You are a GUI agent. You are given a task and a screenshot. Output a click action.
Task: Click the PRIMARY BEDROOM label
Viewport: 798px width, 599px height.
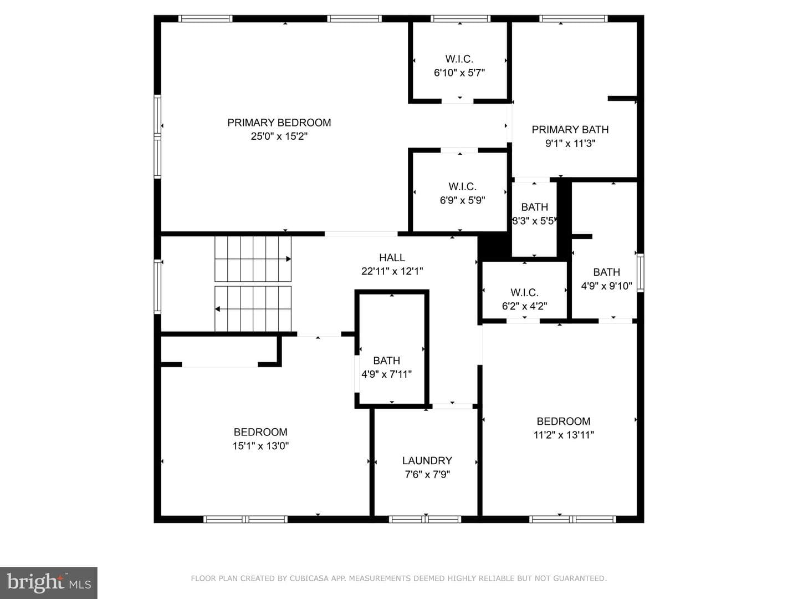tap(279, 123)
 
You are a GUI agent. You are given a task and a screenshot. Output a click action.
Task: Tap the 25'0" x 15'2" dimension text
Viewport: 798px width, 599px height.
tap(279, 136)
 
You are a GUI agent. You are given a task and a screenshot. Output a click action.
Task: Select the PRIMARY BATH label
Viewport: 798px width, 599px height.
tap(570, 129)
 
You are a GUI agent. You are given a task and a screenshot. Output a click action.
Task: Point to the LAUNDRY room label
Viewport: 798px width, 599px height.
tap(427, 460)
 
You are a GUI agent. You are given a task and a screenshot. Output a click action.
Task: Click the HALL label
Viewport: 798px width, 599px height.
tap(392, 257)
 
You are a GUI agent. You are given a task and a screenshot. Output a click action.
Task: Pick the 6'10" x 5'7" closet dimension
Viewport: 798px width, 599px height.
tap(459, 73)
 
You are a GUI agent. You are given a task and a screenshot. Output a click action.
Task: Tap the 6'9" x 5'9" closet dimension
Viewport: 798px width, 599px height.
tap(462, 200)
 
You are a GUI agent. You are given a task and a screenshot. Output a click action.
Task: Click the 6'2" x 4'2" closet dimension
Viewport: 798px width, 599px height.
tap(524, 306)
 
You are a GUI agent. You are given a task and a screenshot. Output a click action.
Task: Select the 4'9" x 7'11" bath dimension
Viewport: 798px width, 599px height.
tap(386, 374)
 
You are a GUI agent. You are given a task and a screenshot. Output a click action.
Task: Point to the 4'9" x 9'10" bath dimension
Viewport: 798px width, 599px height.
tap(606, 286)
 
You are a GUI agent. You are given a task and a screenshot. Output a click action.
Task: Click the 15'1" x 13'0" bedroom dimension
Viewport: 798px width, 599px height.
tap(260, 446)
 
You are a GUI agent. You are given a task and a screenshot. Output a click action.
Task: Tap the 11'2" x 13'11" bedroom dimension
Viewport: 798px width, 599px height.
tap(564, 435)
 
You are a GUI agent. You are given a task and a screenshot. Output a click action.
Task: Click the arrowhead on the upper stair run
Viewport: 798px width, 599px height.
tap(289, 259)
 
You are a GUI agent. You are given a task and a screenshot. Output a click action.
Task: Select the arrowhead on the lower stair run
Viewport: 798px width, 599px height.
tap(217, 309)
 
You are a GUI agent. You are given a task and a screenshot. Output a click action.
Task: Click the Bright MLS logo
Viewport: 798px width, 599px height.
tap(49, 582)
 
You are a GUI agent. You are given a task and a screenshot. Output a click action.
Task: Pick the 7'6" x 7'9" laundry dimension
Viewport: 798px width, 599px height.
tap(427, 474)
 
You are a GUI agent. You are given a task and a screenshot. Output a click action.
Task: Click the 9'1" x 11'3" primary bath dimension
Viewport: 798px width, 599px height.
tap(570, 143)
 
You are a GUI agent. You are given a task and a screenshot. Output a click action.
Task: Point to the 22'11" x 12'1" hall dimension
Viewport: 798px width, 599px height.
tap(392, 271)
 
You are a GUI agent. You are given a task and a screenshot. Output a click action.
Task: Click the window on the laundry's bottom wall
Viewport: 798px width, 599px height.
tap(425, 519)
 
